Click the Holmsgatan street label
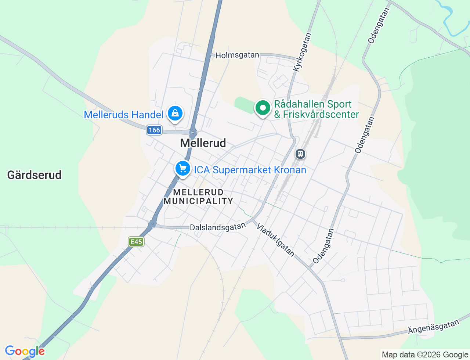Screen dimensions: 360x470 point(237,55)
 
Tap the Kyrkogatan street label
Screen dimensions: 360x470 point(302,52)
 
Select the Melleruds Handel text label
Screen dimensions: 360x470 point(123,115)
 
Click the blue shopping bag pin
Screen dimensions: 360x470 point(175,114)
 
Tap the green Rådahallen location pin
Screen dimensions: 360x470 point(263,108)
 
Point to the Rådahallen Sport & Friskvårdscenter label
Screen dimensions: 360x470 point(316,109)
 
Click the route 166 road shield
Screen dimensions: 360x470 point(154,130)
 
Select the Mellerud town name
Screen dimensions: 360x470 point(203,143)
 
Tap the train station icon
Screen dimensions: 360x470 point(300,154)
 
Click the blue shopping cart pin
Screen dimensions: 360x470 point(182,169)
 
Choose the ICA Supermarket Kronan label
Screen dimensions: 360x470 point(250,170)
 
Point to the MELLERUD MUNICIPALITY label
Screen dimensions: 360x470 point(198,197)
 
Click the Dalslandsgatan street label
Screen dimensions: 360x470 point(217,227)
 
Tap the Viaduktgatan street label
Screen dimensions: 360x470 point(275,240)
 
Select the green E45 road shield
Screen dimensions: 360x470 point(136,242)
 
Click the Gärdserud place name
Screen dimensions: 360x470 point(35,175)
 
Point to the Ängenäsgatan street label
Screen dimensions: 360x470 point(433,327)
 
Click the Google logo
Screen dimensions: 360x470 point(25,351)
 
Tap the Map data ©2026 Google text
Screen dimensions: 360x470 point(425,354)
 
